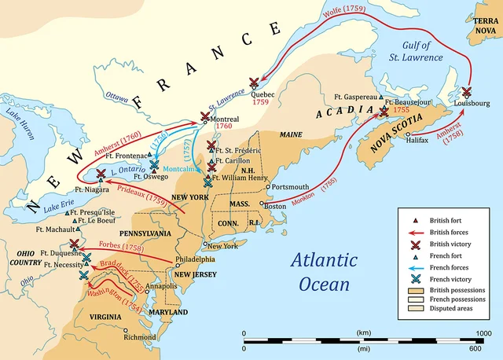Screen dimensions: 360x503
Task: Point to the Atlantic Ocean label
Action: tap(322, 271)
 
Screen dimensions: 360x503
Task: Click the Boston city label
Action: tap(275, 206)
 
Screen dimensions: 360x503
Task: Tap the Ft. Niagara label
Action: tap(90, 189)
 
